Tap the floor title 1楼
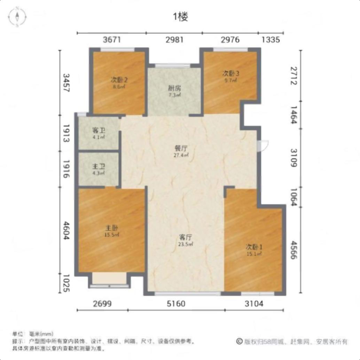[180, 17]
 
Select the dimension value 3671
[112, 40]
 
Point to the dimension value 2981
[174, 40]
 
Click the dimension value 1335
[271, 40]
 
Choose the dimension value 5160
[176, 304]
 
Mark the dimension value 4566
[294, 250]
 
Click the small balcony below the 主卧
[109, 279]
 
